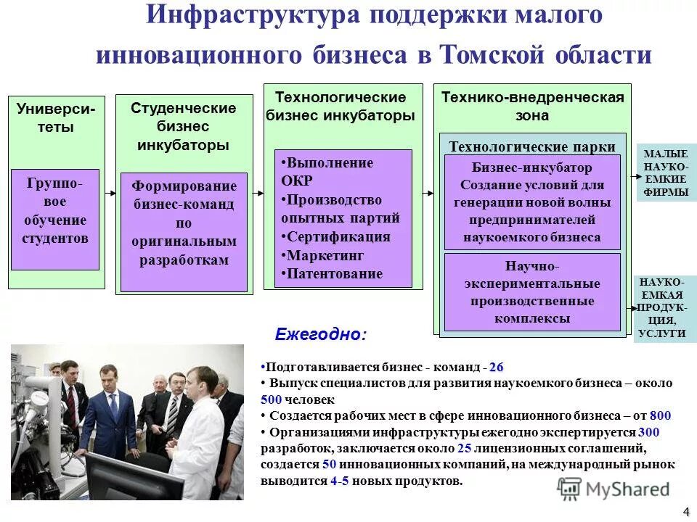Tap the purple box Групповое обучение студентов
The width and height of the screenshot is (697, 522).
55,219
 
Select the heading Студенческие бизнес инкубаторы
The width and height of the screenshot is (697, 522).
184,126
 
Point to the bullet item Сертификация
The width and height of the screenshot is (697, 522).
338,237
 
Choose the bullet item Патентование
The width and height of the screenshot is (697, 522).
334,274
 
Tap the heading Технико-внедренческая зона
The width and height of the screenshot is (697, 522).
532,107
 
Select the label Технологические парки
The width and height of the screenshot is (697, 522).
532,146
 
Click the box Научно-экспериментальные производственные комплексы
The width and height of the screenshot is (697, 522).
532,291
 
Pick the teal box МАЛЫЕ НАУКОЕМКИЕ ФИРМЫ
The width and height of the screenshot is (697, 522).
665,173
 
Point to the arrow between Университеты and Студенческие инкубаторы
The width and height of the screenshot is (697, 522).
110,193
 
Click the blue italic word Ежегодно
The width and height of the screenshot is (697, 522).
320,335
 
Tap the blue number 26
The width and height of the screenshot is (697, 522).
496,368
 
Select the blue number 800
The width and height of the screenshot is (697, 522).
660,415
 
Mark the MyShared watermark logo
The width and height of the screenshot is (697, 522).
614,489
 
